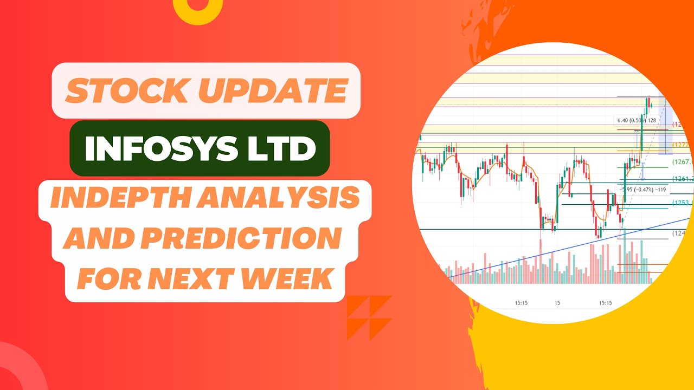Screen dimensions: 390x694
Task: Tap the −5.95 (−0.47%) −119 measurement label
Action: [644, 190]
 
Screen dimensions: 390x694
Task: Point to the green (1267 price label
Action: [682, 162]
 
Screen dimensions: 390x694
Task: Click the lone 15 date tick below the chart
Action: [557, 303]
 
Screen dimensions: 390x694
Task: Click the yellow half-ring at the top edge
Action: [198, 10]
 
